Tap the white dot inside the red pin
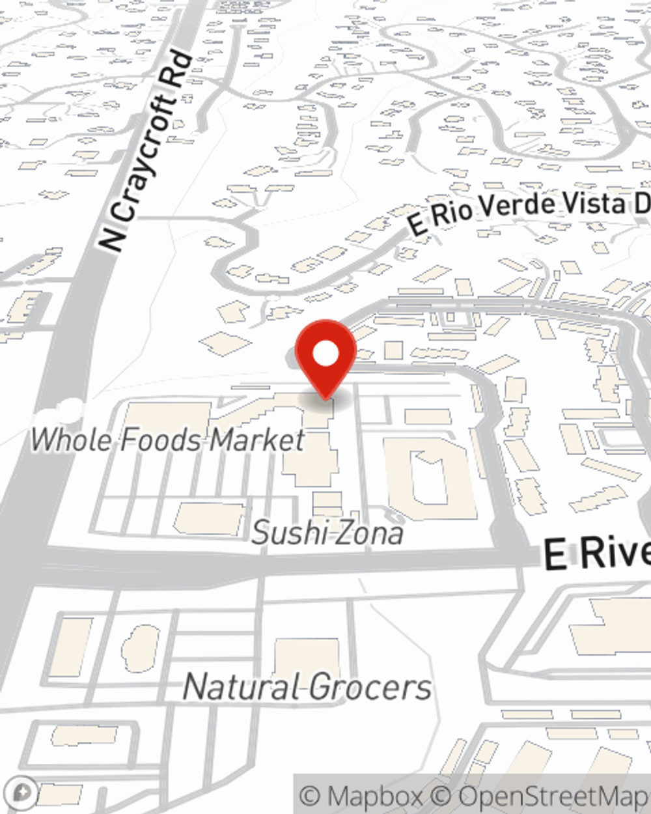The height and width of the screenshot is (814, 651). [325, 355]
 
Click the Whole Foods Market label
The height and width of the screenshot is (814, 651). [167, 440]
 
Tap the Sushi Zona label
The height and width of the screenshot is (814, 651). [327, 533]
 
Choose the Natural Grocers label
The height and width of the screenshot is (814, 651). [307, 688]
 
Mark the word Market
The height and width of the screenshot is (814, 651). [257, 440]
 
